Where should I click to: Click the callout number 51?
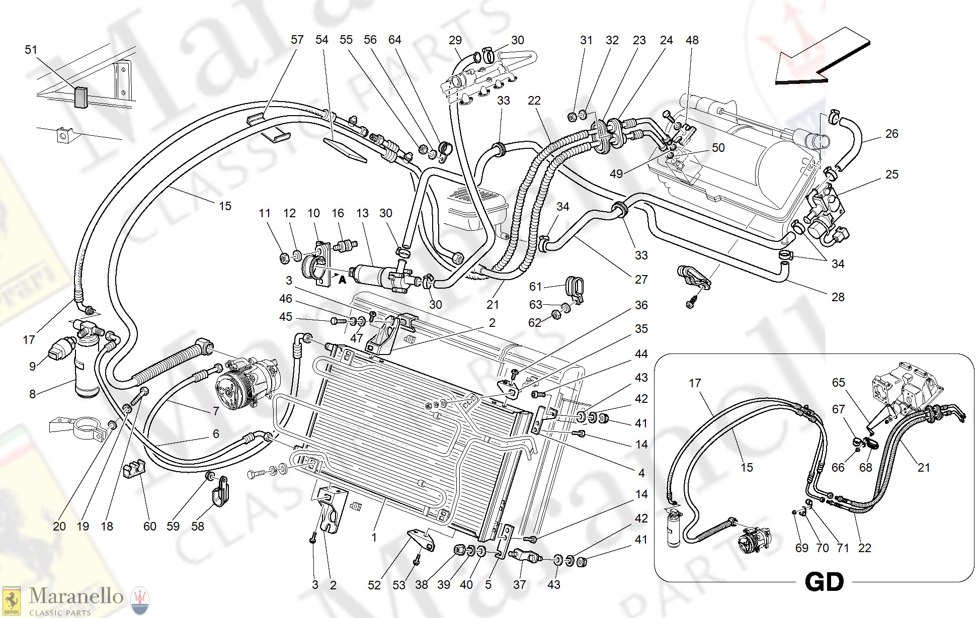(31, 50)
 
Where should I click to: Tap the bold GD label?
(824, 582)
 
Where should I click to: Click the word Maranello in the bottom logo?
(76, 596)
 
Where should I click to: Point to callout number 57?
(297, 40)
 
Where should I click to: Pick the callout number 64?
(394, 40)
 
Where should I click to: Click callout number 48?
(692, 40)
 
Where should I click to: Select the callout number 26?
(891, 134)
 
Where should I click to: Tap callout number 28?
(838, 297)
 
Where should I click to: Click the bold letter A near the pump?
(342, 280)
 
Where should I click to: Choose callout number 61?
(535, 287)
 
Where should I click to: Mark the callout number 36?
(641, 305)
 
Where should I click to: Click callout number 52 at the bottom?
(374, 585)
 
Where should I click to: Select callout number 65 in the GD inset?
(838, 383)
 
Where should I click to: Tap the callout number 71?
(843, 548)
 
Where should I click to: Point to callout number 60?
(149, 526)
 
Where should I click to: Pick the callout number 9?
(32, 367)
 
